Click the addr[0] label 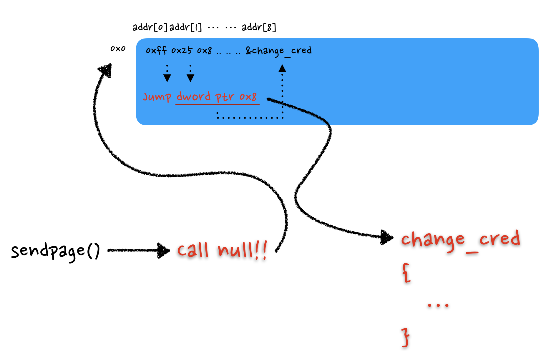tap(150, 27)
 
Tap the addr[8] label tap(259, 27)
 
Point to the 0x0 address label tap(118, 49)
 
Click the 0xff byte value tap(156, 51)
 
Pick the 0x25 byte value tap(182, 51)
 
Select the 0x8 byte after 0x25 tap(204, 51)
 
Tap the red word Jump tap(157, 97)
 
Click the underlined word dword tap(193, 96)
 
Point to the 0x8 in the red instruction tap(248, 96)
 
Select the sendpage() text tap(55, 251)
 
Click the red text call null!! tap(222, 251)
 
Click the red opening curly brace tap(406, 273)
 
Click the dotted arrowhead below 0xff tap(167, 78)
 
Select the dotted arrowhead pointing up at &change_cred tap(282, 69)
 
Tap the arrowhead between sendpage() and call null tap(164, 251)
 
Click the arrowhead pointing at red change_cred tap(387, 237)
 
